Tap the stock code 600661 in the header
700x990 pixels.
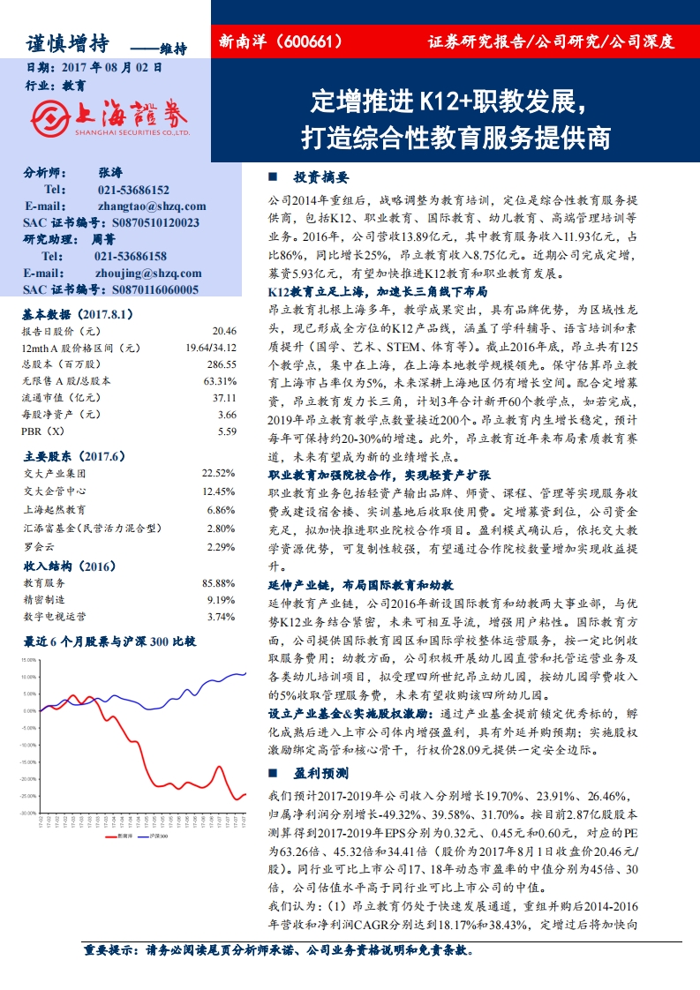(x=312, y=41)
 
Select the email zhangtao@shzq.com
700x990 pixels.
(x=152, y=206)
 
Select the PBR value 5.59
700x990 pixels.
(x=227, y=431)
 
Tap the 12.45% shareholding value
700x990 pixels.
(x=220, y=491)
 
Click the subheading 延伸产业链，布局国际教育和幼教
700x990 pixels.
(x=360, y=585)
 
